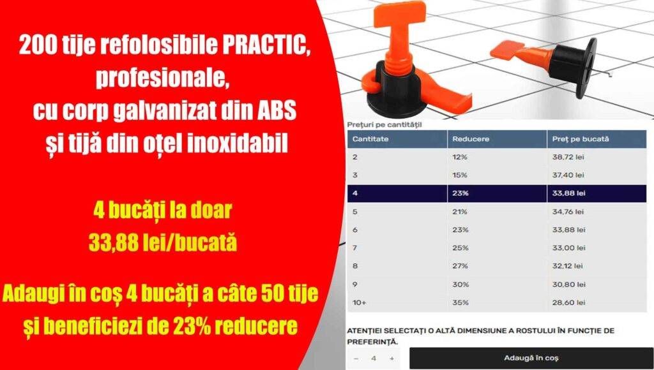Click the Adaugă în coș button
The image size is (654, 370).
(531, 358)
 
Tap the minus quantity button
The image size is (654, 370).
(356, 359)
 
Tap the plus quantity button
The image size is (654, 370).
(392, 359)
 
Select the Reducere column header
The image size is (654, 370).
(467, 138)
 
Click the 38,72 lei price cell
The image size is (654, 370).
(568, 157)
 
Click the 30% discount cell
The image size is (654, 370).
(460, 284)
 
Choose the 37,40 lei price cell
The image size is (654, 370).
(568, 175)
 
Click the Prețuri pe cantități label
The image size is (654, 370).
(384, 124)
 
